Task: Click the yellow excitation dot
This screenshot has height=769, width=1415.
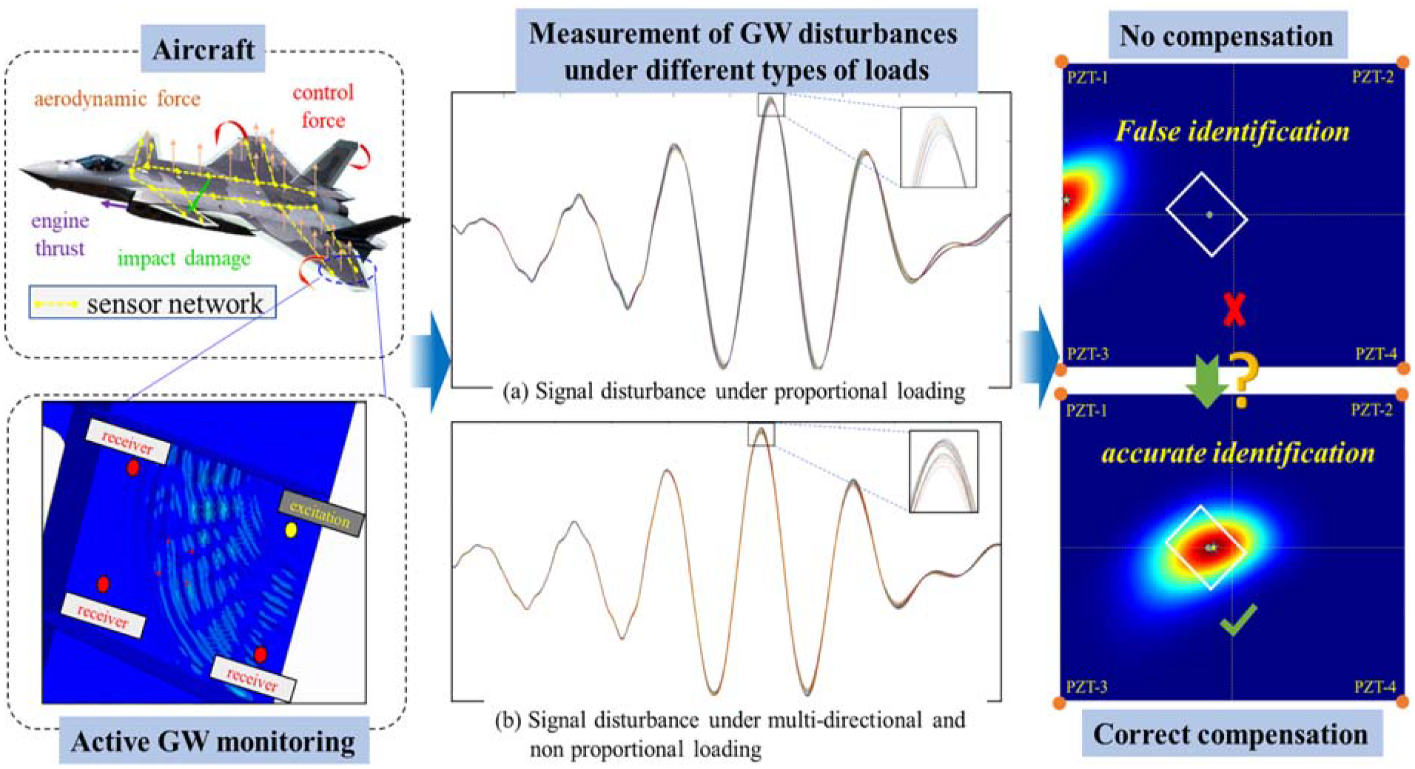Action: (x=291, y=530)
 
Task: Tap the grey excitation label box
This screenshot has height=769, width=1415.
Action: (x=320, y=513)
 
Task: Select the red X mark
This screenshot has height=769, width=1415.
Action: (x=1234, y=309)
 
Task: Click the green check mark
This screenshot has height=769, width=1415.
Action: (x=1238, y=620)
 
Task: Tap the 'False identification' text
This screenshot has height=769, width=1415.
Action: (x=1232, y=132)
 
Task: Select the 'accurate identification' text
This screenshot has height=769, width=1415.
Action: (x=1238, y=453)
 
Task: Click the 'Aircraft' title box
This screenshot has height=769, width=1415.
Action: (x=204, y=50)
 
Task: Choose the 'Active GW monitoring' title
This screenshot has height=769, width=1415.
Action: (x=214, y=741)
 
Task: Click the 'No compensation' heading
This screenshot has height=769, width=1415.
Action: (x=1226, y=36)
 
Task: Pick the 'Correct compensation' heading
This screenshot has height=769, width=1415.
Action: (x=1231, y=734)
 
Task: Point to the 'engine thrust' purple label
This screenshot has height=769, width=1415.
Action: (x=60, y=234)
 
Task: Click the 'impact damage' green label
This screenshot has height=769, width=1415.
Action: (x=184, y=258)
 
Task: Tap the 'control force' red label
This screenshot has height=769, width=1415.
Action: (x=323, y=106)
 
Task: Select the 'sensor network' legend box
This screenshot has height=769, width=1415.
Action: (x=152, y=303)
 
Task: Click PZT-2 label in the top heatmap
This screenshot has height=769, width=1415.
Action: (x=1373, y=78)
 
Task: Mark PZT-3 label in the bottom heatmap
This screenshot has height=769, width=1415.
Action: (x=1086, y=687)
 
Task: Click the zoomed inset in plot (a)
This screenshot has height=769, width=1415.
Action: (x=938, y=147)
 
